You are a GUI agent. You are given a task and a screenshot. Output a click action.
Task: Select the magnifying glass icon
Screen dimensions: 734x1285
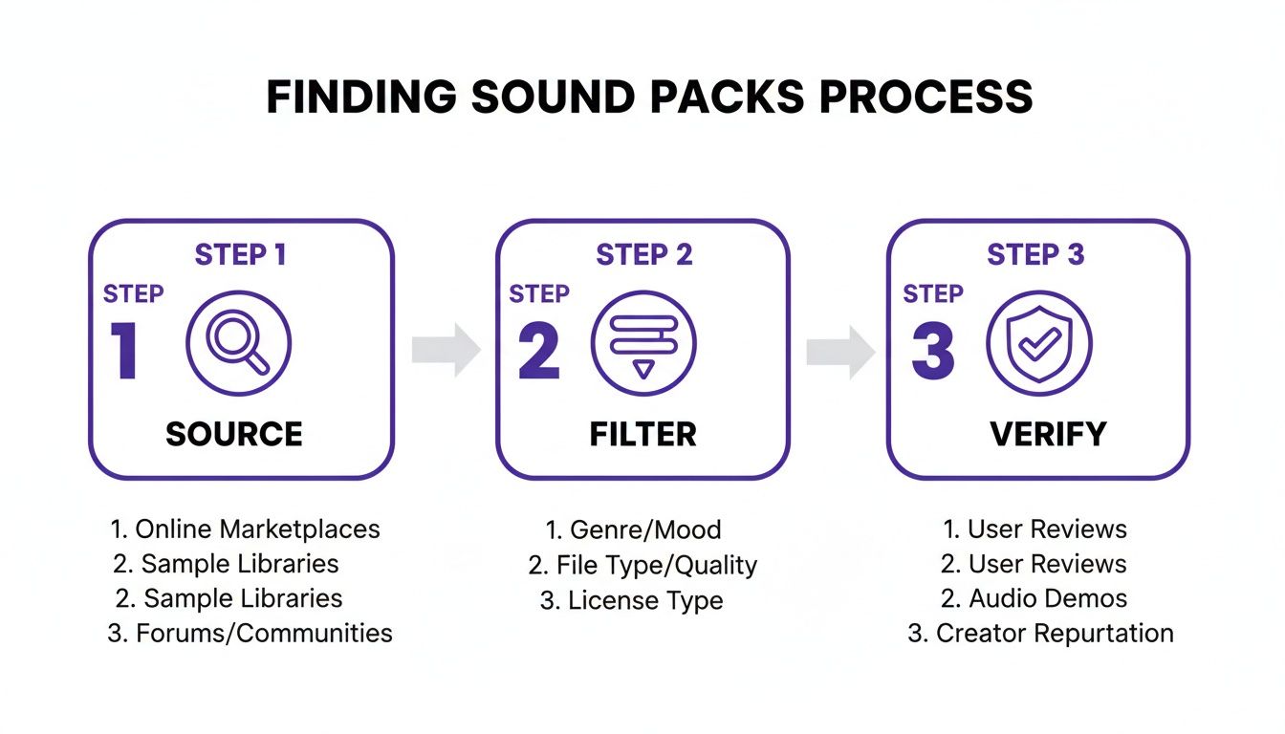coord(238,344)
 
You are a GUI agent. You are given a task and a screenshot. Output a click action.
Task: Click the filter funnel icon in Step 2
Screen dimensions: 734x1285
coord(643,344)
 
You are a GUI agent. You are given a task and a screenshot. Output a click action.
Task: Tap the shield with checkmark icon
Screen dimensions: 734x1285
coord(1038,344)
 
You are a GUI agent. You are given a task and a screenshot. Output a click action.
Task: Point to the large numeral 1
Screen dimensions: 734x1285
coord(124,351)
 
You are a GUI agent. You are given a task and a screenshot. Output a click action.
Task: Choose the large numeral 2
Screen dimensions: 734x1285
coord(538,351)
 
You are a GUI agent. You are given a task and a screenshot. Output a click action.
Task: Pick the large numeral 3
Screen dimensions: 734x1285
coord(932,351)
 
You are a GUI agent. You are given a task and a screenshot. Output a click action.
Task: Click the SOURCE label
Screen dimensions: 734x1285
coord(234,434)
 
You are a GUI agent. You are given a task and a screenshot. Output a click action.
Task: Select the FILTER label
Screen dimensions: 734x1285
coord(642,434)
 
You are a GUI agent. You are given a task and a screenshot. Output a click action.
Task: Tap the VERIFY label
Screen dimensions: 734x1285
coord(1048,434)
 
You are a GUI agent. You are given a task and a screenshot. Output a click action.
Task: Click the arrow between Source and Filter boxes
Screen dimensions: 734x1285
coord(446,351)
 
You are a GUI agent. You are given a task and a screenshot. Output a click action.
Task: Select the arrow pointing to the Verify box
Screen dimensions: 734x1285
coord(840,351)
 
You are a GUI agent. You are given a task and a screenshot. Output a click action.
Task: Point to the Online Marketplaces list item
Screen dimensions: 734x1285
coord(246,529)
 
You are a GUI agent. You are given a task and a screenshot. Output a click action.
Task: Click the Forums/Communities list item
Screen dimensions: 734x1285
coord(250,633)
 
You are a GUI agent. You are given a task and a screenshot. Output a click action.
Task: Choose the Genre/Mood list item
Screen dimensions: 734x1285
coord(633,529)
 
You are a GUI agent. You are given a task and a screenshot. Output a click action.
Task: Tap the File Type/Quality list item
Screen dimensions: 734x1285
coord(642,565)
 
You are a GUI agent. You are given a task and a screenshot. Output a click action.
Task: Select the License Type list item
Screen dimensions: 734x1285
coord(632,600)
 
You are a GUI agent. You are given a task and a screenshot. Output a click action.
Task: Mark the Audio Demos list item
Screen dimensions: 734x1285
coord(1035,598)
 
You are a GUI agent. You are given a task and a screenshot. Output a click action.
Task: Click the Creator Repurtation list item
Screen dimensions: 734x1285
coord(1040,633)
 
